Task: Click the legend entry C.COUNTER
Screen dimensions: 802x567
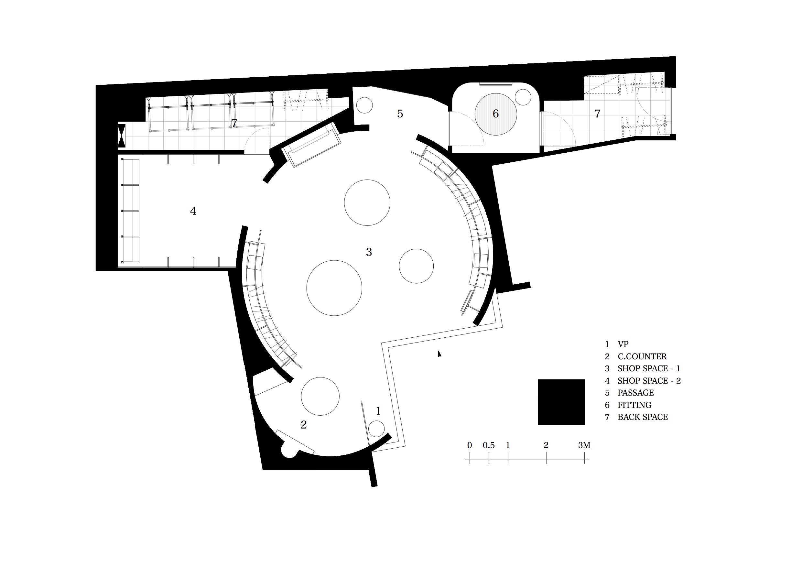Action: point(642,356)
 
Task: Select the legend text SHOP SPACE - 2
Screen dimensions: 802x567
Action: point(649,380)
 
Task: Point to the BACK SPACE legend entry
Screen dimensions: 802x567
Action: point(643,417)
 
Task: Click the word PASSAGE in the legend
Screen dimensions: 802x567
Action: point(636,393)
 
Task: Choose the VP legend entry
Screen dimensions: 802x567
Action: point(623,344)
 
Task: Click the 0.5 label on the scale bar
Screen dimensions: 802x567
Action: point(489,445)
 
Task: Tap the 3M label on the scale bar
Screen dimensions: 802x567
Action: point(584,445)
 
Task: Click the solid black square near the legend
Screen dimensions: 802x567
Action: point(561,402)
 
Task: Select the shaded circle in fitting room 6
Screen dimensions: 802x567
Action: point(496,114)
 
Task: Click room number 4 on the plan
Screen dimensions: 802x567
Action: point(193,211)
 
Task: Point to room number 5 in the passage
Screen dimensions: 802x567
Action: point(400,114)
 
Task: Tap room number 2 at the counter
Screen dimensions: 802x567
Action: point(304,424)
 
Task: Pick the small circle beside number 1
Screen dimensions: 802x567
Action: point(376,429)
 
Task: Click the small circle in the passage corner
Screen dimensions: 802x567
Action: point(364,105)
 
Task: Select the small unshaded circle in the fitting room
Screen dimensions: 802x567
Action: point(523,97)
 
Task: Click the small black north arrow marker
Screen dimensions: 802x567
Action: point(439,354)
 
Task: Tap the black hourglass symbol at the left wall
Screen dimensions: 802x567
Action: point(121,136)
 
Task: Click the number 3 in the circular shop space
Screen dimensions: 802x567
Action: point(369,252)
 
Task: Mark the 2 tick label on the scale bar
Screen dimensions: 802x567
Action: point(546,445)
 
